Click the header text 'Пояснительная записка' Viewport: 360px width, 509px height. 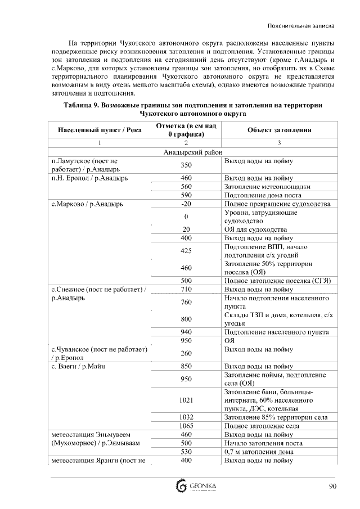click(302, 26)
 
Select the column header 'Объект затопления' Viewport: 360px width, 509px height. click(279, 130)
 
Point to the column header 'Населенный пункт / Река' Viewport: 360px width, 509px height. click(100, 130)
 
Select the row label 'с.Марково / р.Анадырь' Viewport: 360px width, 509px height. click(87, 204)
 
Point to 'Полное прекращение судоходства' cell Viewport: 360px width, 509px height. click(277, 204)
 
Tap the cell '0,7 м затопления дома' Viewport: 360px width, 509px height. click(259, 452)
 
